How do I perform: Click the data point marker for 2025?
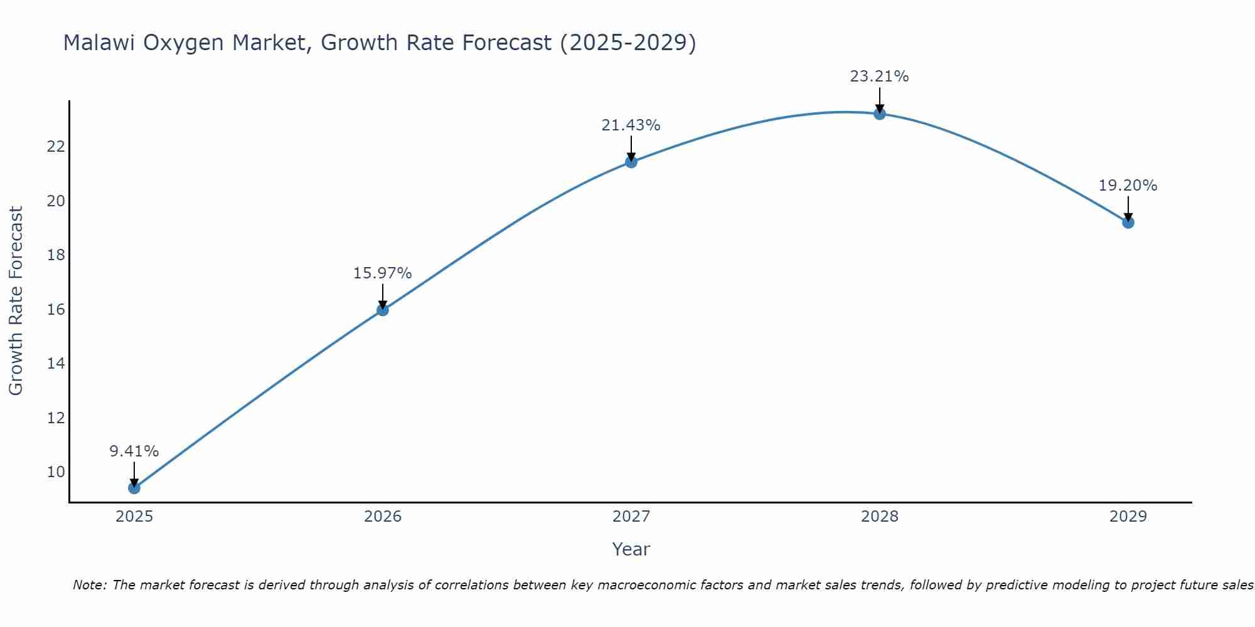point(134,488)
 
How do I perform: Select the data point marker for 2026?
point(383,310)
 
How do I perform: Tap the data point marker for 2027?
point(631,162)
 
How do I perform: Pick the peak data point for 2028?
point(880,113)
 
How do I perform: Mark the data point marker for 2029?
point(1128,222)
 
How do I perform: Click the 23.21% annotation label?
point(879,76)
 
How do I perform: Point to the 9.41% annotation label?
point(134,451)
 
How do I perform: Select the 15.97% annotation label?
point(382,273)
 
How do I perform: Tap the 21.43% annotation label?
point(631,125)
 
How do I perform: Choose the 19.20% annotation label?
point(1128,186)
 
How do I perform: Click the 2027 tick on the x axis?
point(631,517)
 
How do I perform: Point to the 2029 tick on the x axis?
point(1128,517)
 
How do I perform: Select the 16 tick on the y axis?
point(56,310)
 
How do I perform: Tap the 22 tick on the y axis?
point(56,147)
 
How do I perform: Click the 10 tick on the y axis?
point(56,472)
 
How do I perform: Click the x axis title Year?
point(631,549)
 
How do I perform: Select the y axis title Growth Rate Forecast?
point(16,301)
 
